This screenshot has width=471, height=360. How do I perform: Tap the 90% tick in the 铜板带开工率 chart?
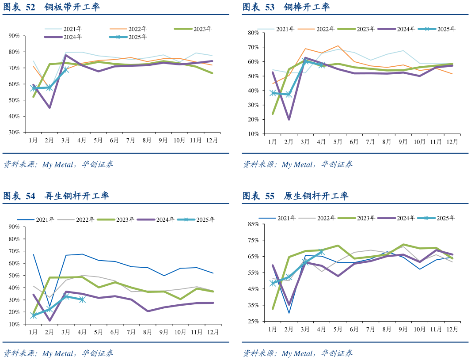(x=14, y=36)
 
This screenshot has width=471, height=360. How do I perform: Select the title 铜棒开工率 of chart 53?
(x=306, y=7)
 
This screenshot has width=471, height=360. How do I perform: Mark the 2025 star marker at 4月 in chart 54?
(x=82, y=300)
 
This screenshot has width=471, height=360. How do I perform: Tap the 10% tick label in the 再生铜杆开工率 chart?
(x=14, y=324)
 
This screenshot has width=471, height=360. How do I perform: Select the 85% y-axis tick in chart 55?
(x=253, y=224)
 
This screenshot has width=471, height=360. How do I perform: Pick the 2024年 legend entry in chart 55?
(x=406, y=218)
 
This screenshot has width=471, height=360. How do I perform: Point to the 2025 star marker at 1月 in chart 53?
(x=273, y=93)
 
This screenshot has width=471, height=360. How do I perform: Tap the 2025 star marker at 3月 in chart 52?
(x=65, y=70)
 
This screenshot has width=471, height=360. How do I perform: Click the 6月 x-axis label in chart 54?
(x=114, y=332)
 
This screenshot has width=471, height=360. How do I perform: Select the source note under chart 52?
(x=58, y=164)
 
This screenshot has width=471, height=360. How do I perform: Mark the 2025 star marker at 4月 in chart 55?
(x=321, y=252)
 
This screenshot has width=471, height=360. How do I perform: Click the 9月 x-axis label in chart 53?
(x=403, y=142)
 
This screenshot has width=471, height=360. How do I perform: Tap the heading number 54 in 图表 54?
(x=30, y=196)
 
